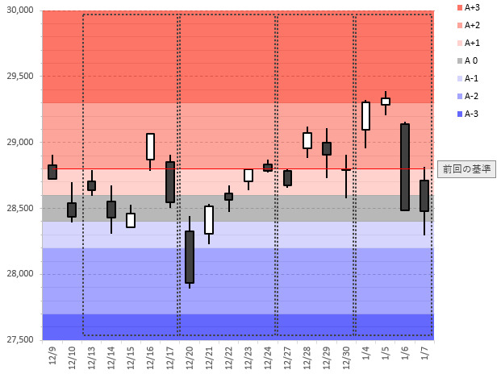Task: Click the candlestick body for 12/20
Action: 190,257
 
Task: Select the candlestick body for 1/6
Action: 405,167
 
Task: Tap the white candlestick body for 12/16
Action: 150,147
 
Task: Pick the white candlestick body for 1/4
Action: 365,115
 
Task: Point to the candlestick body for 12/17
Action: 170,182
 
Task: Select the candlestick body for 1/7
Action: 424,196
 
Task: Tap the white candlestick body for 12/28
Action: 307,140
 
